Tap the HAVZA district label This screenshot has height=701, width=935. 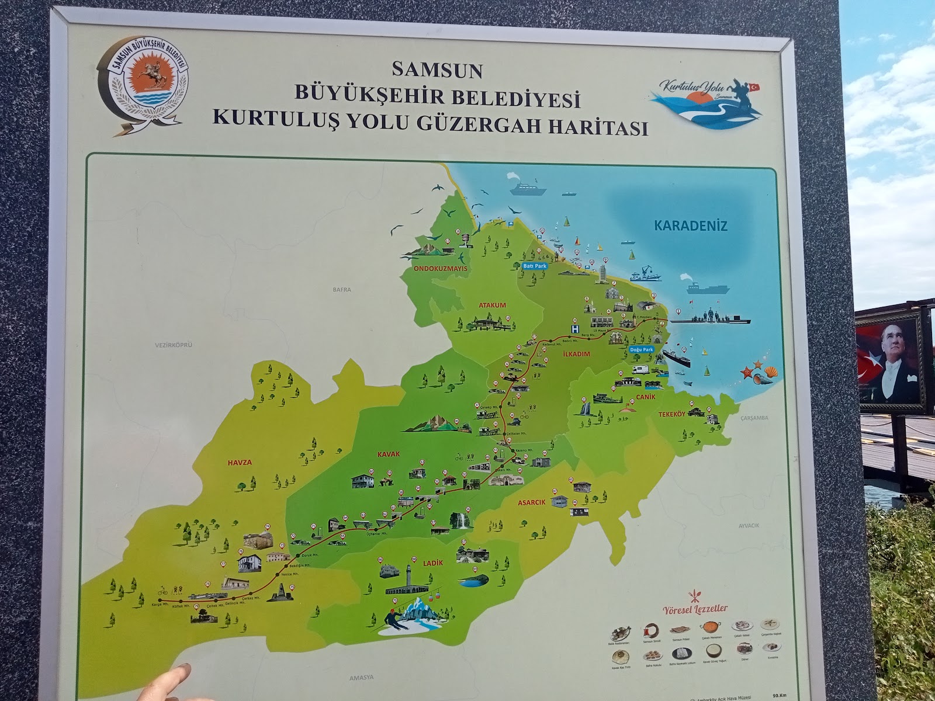[240, 463]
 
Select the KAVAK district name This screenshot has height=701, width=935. [388, 453]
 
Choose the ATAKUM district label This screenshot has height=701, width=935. [491, 305]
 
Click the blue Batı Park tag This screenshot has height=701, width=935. [532, 265]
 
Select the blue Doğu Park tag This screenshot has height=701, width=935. [642, 350]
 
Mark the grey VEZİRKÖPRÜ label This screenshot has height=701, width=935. [174, 345]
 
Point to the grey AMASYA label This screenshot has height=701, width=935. [361, 677]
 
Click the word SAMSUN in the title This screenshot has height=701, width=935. [437, 71]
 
